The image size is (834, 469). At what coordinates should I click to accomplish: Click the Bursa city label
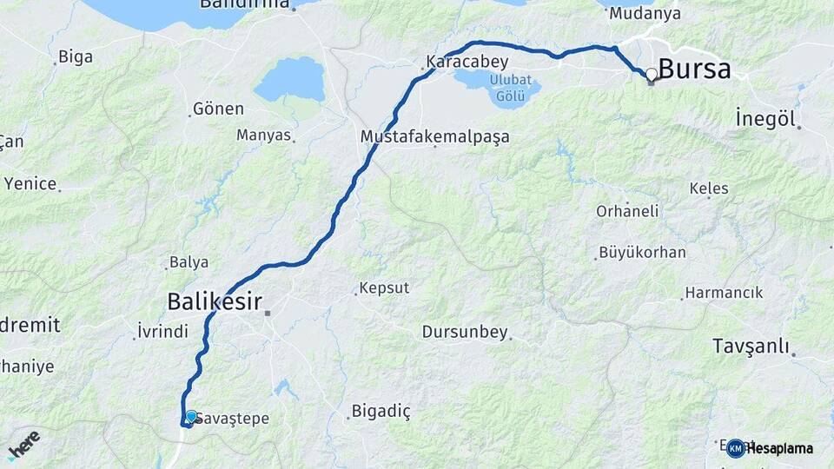coord(694,69)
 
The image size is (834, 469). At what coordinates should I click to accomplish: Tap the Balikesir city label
coord(214,301)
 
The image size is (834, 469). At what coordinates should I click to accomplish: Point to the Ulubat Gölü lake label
coord(509,88)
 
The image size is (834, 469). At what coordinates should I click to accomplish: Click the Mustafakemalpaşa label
coord(434,137)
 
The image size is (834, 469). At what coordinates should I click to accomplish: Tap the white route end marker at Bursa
coord(651,75)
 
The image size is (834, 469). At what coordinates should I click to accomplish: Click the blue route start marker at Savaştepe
coord(191,416)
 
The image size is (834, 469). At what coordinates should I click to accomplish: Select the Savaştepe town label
coord(232,419)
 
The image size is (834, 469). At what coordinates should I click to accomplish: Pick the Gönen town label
coord(218,109)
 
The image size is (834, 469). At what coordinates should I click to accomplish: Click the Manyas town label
coord(263,135)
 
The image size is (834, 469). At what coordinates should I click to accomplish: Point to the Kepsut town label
coord(383,288)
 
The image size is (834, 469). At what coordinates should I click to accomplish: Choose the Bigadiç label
coord(381,411)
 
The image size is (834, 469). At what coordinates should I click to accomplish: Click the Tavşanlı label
coord(751,346)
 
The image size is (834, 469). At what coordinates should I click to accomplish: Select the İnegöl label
coord(764,118)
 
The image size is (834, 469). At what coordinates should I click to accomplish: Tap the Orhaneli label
coord(627,211)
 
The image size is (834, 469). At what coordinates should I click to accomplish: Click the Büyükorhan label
coord(642,253)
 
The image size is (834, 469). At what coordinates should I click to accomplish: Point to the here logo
coord(23,445)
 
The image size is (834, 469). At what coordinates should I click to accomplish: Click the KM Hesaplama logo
coord(770,448)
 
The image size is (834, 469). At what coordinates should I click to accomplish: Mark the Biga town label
coord(75,58)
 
